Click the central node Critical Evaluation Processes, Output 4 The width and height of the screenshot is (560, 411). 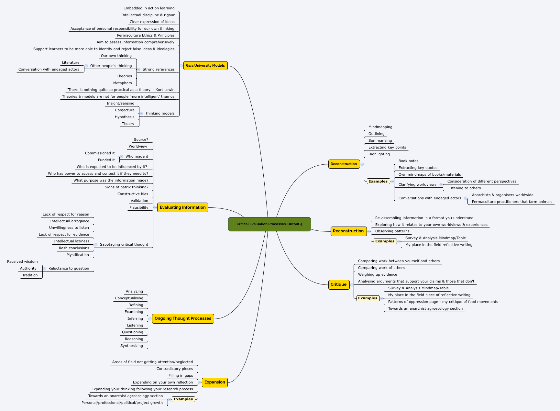pyautogui.click(x=269, y=224)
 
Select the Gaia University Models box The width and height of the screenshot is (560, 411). pyautogui.click(x=205, y=65)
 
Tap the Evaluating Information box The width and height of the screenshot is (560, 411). pyautogui.click(x=182, y=207)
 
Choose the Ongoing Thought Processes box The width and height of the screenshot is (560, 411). pyautogui.click(x=183, y=318)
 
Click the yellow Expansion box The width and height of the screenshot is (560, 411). pyautogui.click(x=214, y=382)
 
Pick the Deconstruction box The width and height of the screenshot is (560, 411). pyautogui.click(x=344, y=164)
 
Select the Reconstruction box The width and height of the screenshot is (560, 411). pyautogui.click(x=348, y=231)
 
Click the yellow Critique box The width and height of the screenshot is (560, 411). pyautogui.click(x=339, y=284)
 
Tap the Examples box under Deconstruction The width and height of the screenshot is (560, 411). pyautogui.click(x=378, y=181)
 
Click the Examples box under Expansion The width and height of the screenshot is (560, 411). pyautogui.click(x=183, y=399)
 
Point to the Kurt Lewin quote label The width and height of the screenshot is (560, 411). pyautogui.click(x=121, y=90)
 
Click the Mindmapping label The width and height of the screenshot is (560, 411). pyautogui.click(x=380, y=127)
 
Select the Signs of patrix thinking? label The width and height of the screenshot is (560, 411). pyautogui.click(x=126, y=187)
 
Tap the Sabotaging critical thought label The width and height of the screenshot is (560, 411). pyautogui.click(x=124, y=244)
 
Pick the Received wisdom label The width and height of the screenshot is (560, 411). pyautogui.click(x=22, y=261)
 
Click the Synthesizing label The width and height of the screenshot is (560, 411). pyautogui.click(x=131, y=346)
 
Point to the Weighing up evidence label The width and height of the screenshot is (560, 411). pyautogui.click(x=378, y=274)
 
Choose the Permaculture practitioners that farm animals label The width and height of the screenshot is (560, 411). pyautogui.click(x=512, y=202)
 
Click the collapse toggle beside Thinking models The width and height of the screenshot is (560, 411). pyautogui.click(x=141, y=113)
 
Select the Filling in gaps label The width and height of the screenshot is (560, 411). pyautogui.click(x=181, y=375)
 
